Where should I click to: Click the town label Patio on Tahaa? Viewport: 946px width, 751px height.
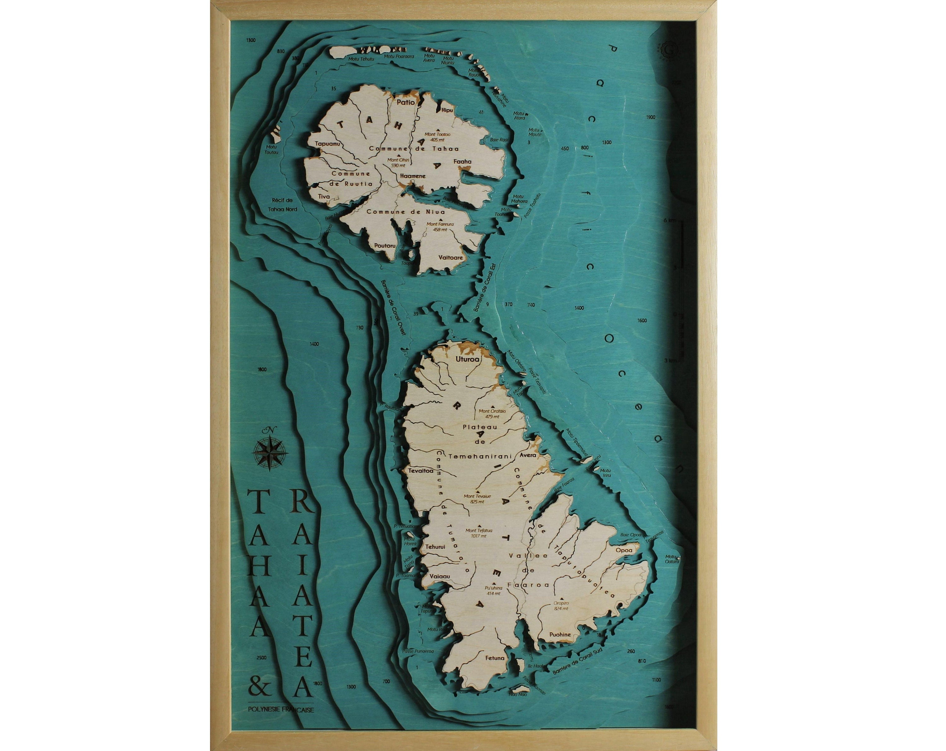pos(406,103)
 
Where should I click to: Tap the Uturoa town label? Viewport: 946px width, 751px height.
pos(468,359)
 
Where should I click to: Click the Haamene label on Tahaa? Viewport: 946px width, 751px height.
pos(413,176)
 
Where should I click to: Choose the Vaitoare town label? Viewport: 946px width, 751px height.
pos(451,257)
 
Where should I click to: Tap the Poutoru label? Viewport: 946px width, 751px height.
pos(385,246)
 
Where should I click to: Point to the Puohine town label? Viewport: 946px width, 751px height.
pos(560,634)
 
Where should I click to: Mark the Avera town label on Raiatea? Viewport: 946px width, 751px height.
pos(528,455)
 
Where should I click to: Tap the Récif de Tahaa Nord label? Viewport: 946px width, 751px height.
pos(283,205)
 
